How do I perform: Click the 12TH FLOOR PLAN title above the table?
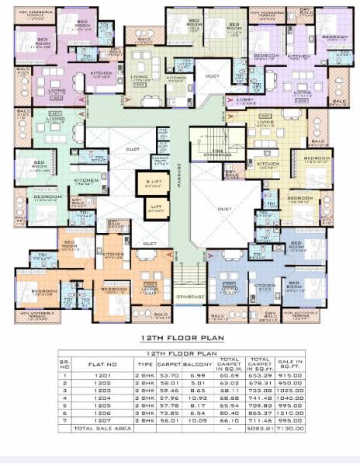coord(181,339)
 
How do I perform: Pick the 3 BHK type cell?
coord(145,414)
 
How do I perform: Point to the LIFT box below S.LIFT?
coord(155,208)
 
